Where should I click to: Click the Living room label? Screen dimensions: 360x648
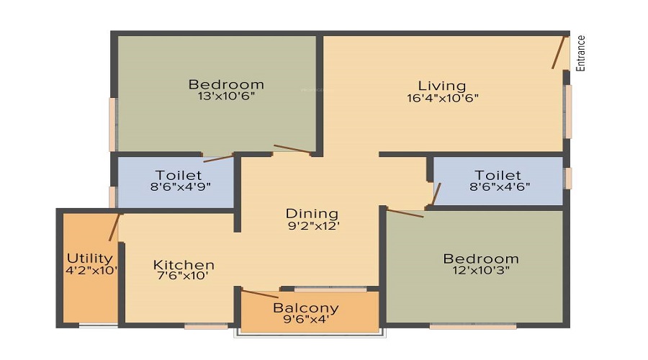(442, 86)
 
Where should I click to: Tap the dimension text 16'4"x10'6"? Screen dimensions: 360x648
(442, 98)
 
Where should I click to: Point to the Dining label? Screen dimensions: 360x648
(312, 213)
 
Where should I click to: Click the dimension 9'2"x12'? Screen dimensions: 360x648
(312, 225)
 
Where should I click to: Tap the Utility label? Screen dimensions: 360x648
(90, 258)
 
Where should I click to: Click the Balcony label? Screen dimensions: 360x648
(306, 309)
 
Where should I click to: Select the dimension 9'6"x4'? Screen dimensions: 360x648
(306, 321)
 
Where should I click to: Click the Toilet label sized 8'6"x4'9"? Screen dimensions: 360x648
(179, 176)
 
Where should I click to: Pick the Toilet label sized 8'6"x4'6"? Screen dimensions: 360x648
(498, 176)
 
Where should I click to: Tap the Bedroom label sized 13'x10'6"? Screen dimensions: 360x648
(226, 84)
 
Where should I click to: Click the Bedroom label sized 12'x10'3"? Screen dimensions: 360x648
(481, 258)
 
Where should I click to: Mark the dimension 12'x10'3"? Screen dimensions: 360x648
(481, 271)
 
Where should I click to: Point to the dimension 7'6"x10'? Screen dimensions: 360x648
(184, 276)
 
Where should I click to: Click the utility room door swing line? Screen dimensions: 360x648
(114, 227)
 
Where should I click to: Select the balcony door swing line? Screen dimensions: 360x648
(259, 294)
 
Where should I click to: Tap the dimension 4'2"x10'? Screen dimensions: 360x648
(91, 271)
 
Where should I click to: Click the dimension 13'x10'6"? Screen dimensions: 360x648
(226, 96)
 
